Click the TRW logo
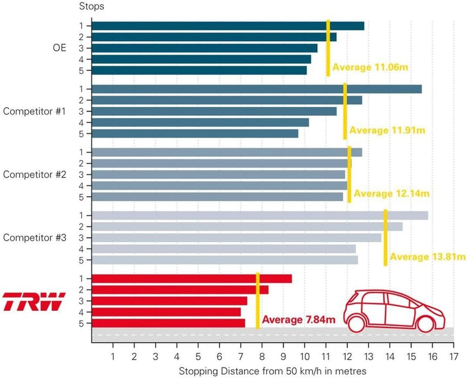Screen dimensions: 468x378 point(34,302)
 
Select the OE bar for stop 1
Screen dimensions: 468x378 point(228,26)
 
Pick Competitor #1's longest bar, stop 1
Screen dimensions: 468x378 point(257,89)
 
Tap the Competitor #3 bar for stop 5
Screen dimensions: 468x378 point(225,260)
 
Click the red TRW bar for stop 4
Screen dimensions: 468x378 point(166,312)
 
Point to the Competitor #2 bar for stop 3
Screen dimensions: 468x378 point(218,175)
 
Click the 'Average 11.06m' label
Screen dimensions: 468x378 point(370,67)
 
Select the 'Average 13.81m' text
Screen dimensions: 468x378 point(428,257)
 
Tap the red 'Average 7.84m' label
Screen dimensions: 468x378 point(299,320)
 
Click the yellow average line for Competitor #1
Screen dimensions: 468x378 point(345,111)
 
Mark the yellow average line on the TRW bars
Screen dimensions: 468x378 point(257,301)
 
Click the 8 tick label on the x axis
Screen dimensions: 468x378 point(262,356)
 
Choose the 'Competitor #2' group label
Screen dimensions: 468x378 point(35,174)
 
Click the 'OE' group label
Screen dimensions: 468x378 point(59,48)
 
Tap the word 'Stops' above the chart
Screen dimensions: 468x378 point(91,6)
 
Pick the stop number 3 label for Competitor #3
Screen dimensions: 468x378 point(81,238)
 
